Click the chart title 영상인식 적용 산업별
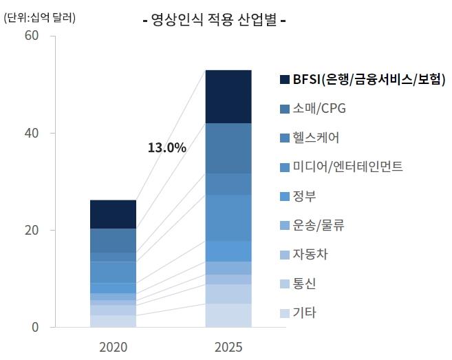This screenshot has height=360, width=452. coord(214,20)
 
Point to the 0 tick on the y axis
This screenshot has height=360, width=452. coord(34,327)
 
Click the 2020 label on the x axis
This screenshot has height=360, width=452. coord(113,346)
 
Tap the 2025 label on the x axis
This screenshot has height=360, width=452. coord(228,346)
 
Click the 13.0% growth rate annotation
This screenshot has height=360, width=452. coord(167,147)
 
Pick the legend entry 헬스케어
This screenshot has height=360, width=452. coord(316,138)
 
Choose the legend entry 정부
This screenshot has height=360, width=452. coord(305,196)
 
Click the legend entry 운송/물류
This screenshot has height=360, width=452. coord(319,225)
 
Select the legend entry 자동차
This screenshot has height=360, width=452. coord(310,255)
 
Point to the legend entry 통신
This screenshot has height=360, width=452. coord(305,284)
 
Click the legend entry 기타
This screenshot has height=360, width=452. coord(305,313)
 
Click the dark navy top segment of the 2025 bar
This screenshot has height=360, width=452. coord(228,96)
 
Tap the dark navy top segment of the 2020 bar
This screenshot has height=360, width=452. coord(113,214)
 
